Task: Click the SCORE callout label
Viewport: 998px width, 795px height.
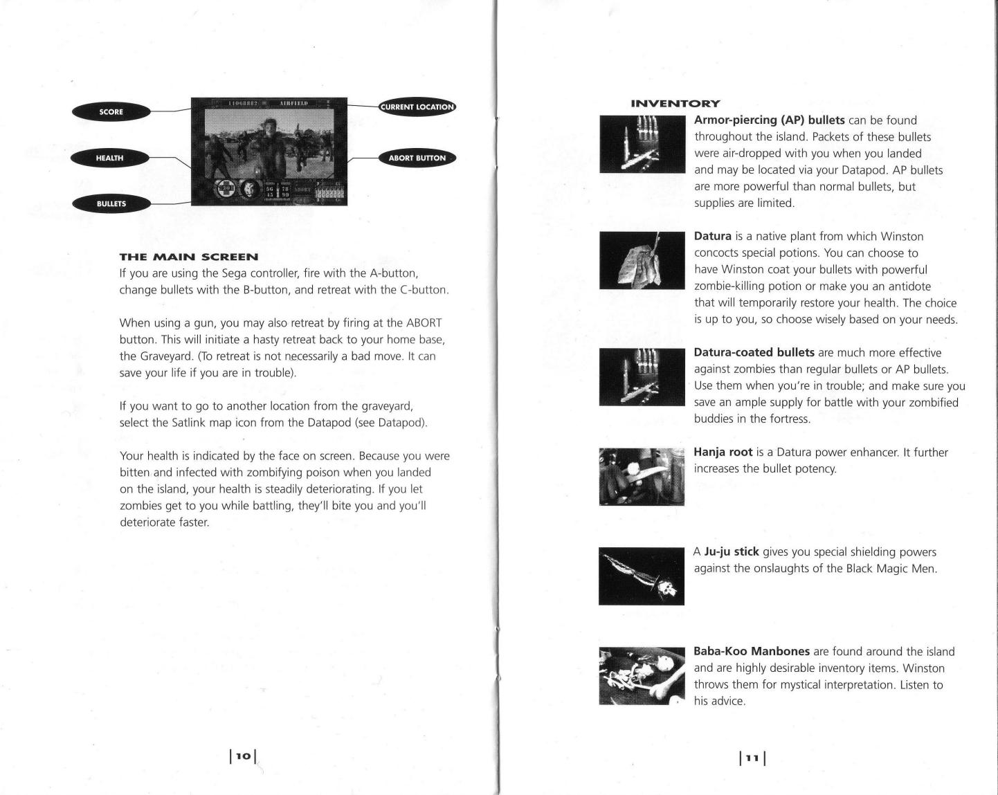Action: [111, 111]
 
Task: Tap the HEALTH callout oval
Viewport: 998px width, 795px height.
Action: [109, 158]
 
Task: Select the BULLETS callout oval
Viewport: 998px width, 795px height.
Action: [111, 203]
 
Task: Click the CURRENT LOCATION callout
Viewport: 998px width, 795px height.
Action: [417, 107]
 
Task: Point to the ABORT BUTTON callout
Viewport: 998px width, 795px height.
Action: [417, 158]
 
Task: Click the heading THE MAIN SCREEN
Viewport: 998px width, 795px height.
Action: [188, 257]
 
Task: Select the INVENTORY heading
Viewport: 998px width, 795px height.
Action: [675, 104]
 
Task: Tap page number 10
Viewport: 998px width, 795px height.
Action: [242, 756]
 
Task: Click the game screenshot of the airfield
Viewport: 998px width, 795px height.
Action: [269, 152]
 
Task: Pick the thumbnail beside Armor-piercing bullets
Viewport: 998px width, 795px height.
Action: [642, 144]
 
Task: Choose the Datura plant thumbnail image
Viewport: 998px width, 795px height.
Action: [642, 260]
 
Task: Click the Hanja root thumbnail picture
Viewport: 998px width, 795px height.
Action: [642, 477]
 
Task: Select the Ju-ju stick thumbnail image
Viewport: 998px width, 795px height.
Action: [642, 576]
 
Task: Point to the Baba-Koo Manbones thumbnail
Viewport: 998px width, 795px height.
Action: [642, 675]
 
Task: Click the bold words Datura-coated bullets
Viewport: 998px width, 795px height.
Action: [754, 353]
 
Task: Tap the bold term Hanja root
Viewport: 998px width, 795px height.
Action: [723, 453]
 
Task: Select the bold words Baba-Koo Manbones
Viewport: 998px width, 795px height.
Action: [751, 652]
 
